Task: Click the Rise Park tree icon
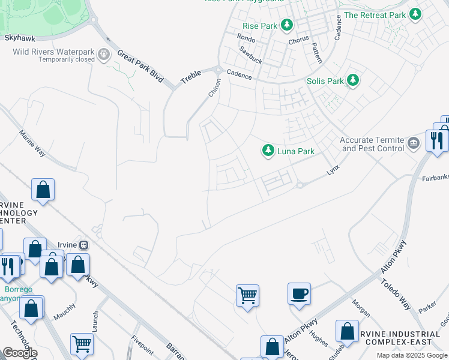pyautogui.click(x=288, y=25)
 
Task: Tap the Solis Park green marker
pyautogui.click(x=354, y=80)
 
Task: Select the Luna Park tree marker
pyautogui.click(x=268, y=151)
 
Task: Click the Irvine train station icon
pyautogui.click(x=85, y=245)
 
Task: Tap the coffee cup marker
pyautogui.click(x=299, y=293)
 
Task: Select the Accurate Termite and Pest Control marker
pyautogui.click(x=412, y=143)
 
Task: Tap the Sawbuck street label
pyautogui.click(x=251, y=56)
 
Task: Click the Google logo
pyautogui.click(x=20, y=353)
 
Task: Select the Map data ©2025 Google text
pyautogui.click(x=411, y=355)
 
